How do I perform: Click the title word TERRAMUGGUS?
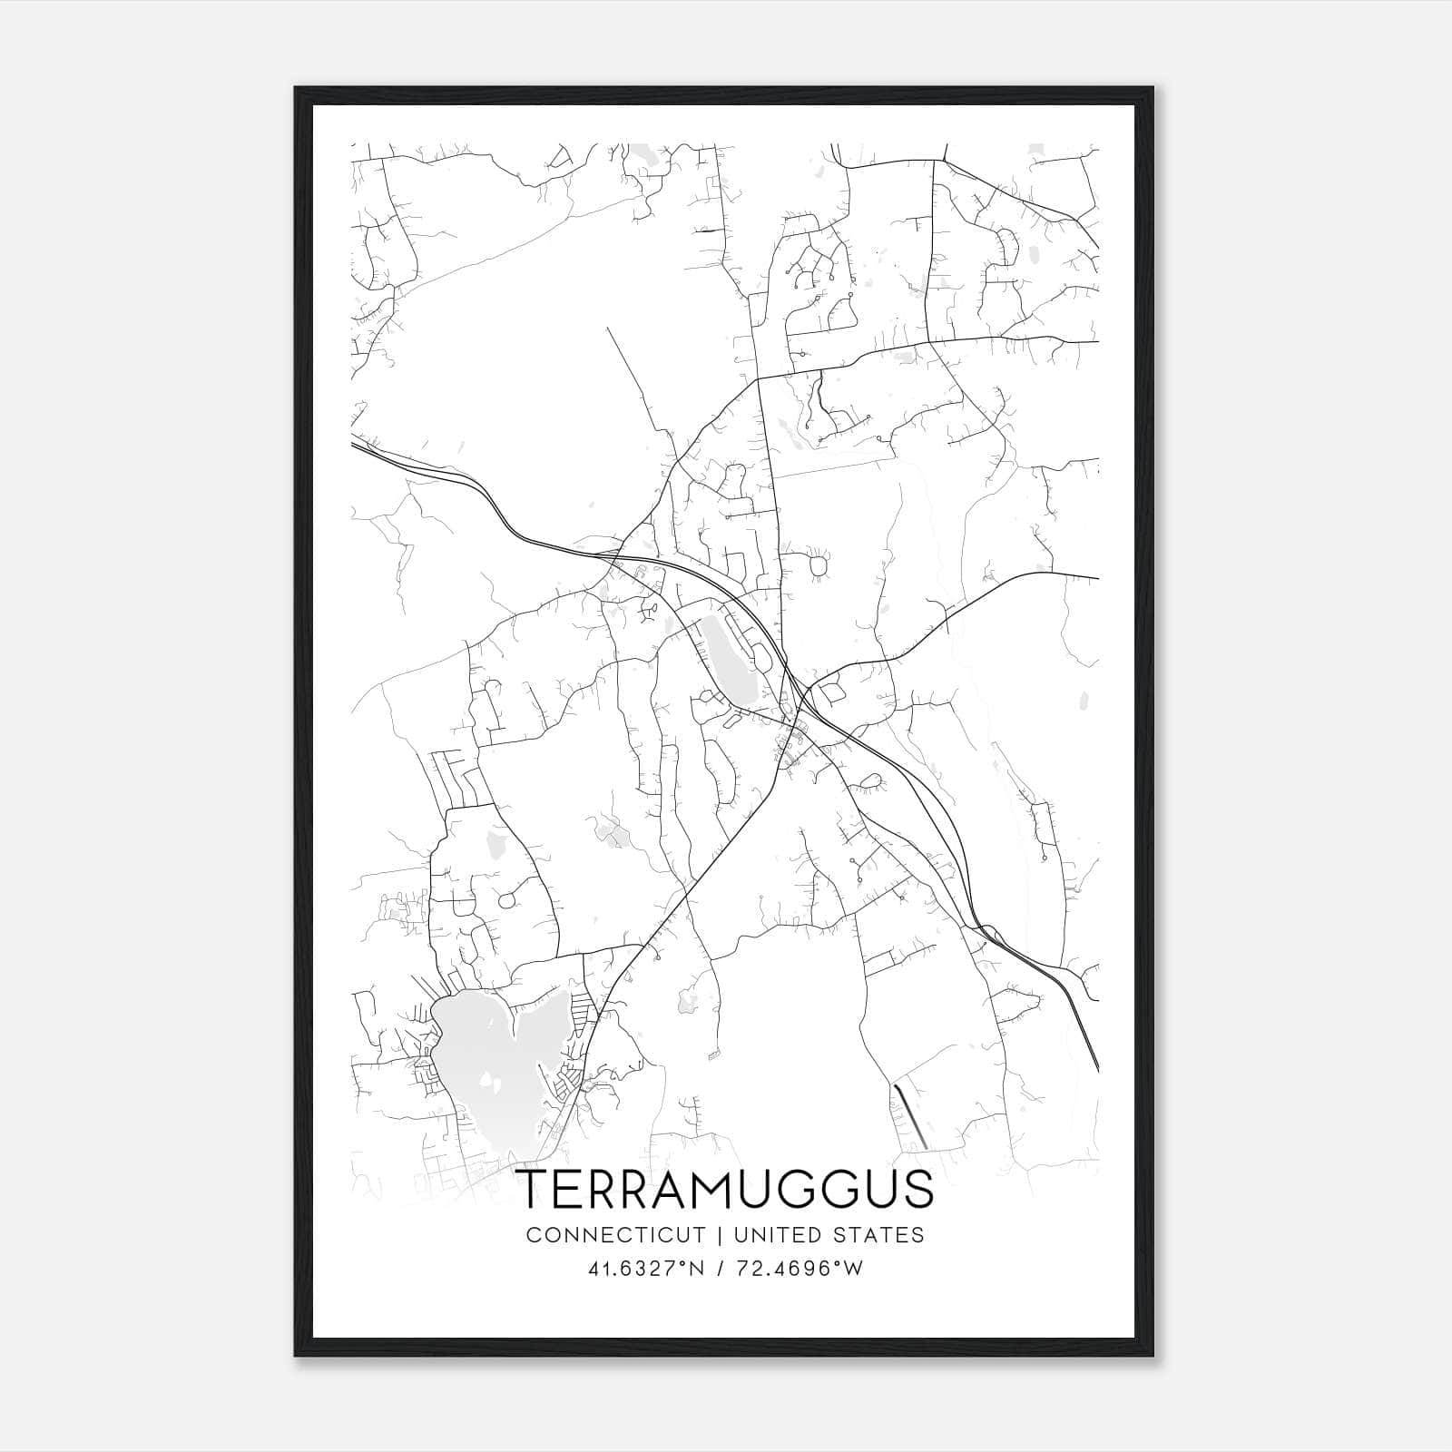point(725,1190)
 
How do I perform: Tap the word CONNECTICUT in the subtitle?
point(615,1235)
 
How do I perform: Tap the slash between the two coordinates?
point(720,1269)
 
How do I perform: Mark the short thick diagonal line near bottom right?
point(909,1115)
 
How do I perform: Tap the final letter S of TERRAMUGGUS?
point(917,1190)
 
